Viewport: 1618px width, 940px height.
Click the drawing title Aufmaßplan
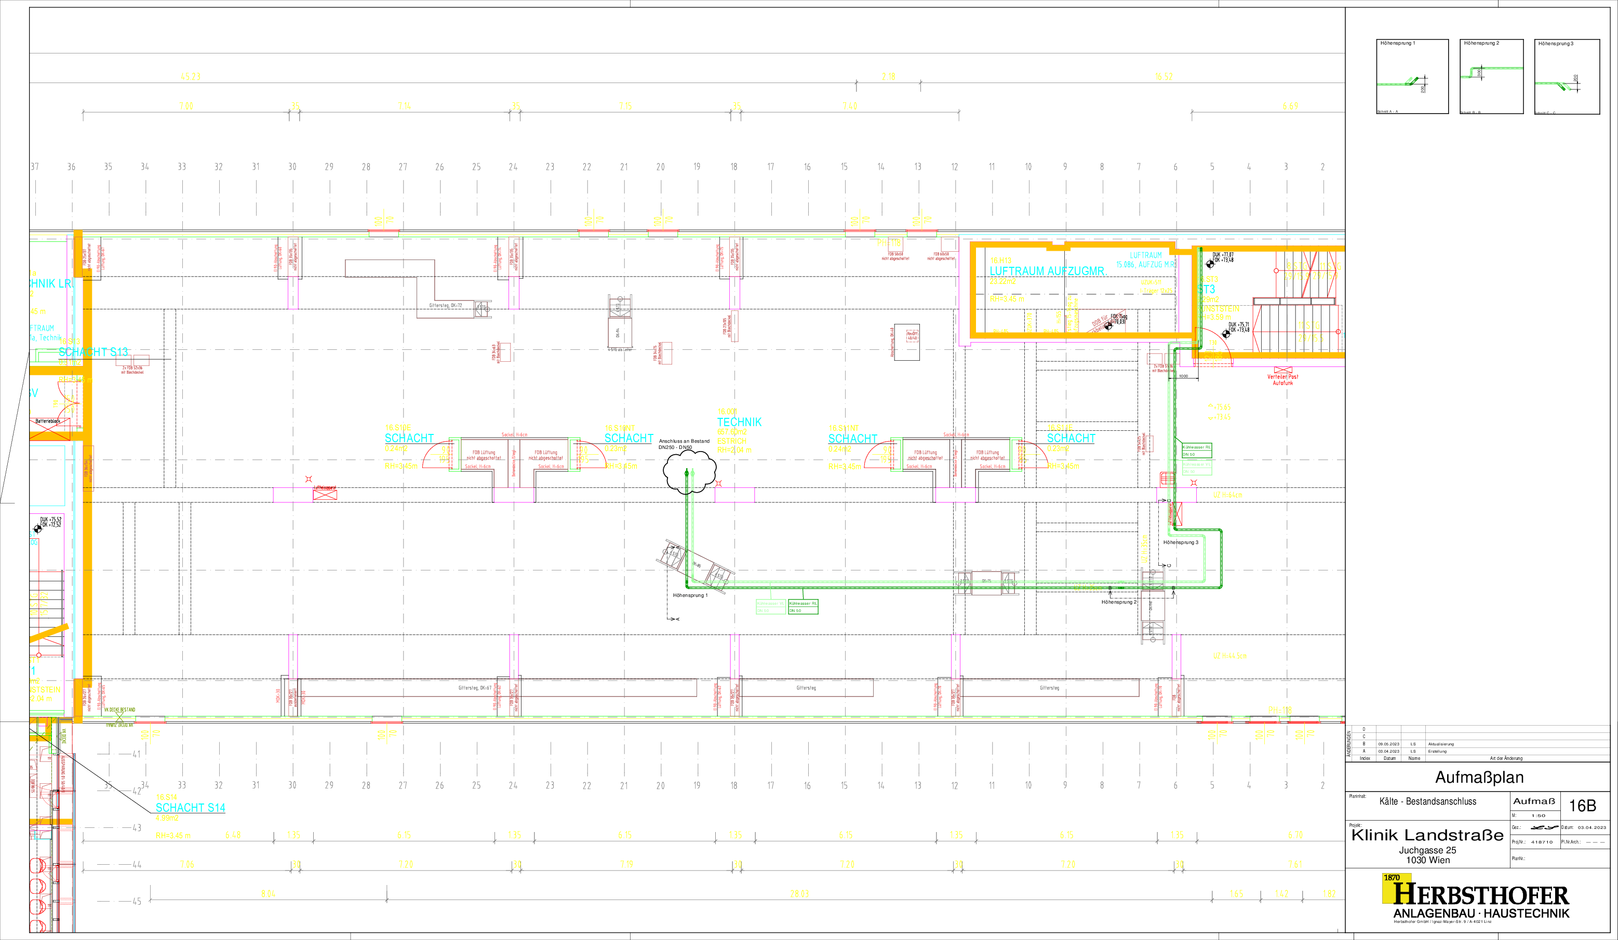pos(1479,778)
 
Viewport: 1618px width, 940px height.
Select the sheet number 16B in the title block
pos(1582,806)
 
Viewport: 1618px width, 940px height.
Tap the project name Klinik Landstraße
pos(1427,835)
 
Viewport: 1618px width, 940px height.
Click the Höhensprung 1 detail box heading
pos(1397,43)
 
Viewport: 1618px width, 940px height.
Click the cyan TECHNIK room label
pos(739,422)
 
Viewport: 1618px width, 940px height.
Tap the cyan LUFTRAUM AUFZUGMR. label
pos(1047,271)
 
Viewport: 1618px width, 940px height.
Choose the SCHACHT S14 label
pos(190,808)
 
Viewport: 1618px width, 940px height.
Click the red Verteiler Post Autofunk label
pos(1282,379)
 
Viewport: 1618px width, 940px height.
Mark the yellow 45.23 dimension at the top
pos(190,77)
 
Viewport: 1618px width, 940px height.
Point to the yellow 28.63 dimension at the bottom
pos(799,894)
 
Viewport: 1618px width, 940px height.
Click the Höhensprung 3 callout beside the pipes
pos(1180,543)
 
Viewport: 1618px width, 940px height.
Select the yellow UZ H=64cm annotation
pos(1227,495)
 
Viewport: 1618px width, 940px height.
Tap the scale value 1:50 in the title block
pos(1537,815)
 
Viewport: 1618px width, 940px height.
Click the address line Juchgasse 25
pos(1427,850)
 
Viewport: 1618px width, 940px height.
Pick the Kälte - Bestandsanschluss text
pos(1427,801)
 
